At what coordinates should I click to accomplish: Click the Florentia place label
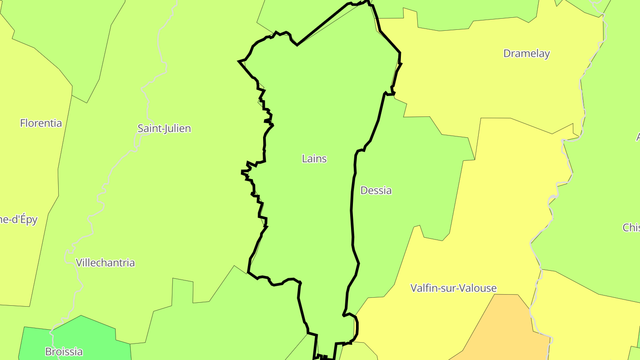point(41,123)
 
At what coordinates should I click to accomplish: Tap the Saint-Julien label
point(164,128)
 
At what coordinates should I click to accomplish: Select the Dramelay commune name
point(526,53)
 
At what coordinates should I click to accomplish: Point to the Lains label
point(314,159)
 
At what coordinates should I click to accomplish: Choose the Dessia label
point(376,191)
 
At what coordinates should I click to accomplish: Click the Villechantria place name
point(105,263)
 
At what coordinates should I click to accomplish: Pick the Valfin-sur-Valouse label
point(453,288)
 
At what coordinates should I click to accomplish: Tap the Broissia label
point(64,352)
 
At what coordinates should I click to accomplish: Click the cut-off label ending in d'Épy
point(19,220)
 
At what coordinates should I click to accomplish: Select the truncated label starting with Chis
point(631,228)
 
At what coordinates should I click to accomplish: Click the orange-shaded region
point(502,329)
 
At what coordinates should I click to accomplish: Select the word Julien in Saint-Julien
point(177,128)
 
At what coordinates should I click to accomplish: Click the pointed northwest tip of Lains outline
point(240,61)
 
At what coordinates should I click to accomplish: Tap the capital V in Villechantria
point(79,263)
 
